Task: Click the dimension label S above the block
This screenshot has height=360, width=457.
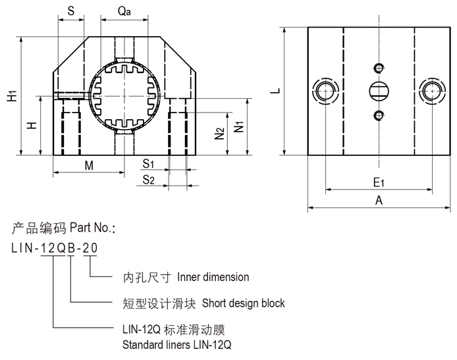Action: [x=71, y=11]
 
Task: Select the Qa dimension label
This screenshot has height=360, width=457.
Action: [x=123, y=11]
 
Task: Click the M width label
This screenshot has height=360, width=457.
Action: [x=89, y=166]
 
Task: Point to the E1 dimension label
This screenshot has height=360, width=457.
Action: [x=379, y=182]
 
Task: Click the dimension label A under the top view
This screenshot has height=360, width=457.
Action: [x=379, y=201]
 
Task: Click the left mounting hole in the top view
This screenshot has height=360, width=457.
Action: [x=325, y=91]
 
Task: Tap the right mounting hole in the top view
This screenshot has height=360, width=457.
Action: [x=432, y=91]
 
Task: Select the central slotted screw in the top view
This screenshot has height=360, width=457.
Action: [x=378, y=91]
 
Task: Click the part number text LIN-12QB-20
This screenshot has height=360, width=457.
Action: [x=55, y=249]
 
